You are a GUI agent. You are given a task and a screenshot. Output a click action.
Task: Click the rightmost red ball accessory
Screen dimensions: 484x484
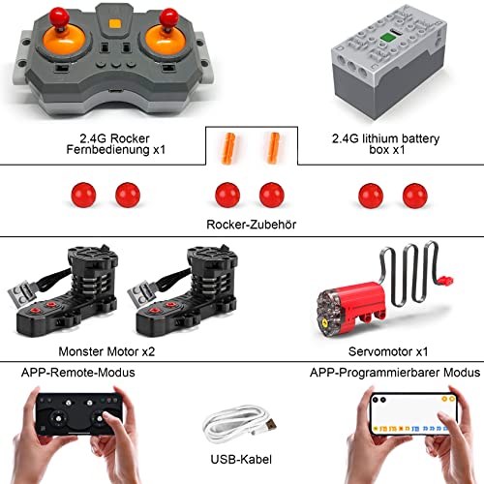pos(414,193)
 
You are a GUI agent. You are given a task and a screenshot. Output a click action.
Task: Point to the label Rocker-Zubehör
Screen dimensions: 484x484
pos(250,225)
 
